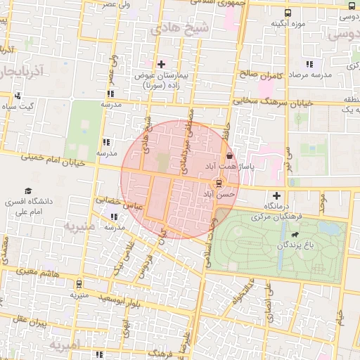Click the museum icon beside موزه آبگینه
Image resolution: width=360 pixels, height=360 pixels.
point(287,13)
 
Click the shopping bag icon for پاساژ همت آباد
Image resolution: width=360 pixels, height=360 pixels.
point(229,155)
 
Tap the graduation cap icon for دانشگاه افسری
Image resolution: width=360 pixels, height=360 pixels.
point(28,191)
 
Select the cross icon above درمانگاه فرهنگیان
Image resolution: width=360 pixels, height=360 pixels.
point(276,195)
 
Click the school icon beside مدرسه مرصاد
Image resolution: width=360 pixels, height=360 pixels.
point(309,64)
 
